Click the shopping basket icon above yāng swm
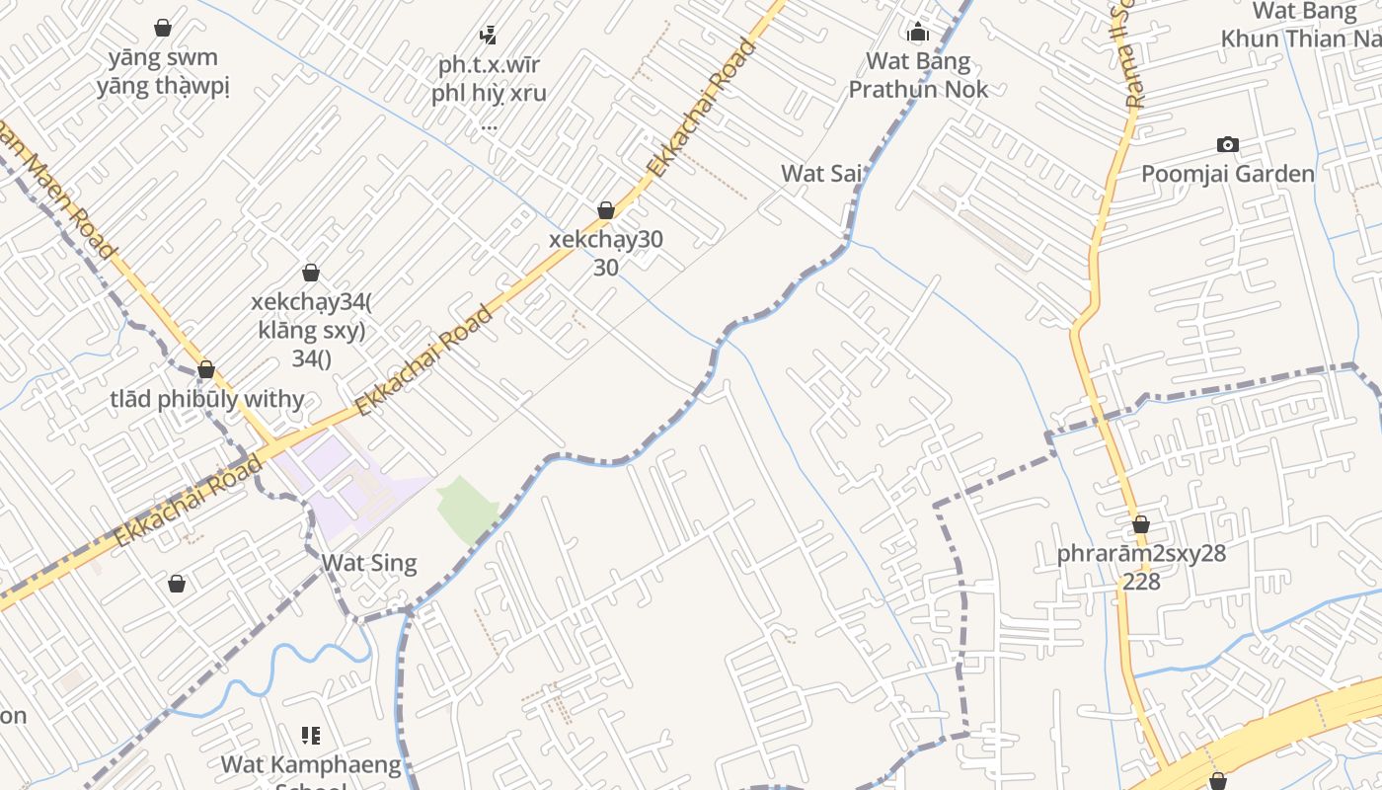[x=163, y=28]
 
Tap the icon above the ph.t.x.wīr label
[x=488, y=36]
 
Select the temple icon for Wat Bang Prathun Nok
[x=918, y=32]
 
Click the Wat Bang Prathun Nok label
[x=918, y=75]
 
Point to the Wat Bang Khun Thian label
[x=1300, y=26]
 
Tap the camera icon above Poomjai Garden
[x=1227, y=145]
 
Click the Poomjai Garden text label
[x=1227, y=175]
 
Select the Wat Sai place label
[x=821, y=174]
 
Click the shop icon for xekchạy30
[x=606, y=210]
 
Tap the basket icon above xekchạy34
[x=311, y=273]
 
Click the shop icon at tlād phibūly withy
[x=205, y=370]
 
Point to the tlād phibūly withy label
[x=207, y=400]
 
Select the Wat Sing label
[x=369, y=564]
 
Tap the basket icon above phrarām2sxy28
[x=1141, y=524]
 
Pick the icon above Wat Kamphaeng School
[x=311, y=736]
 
